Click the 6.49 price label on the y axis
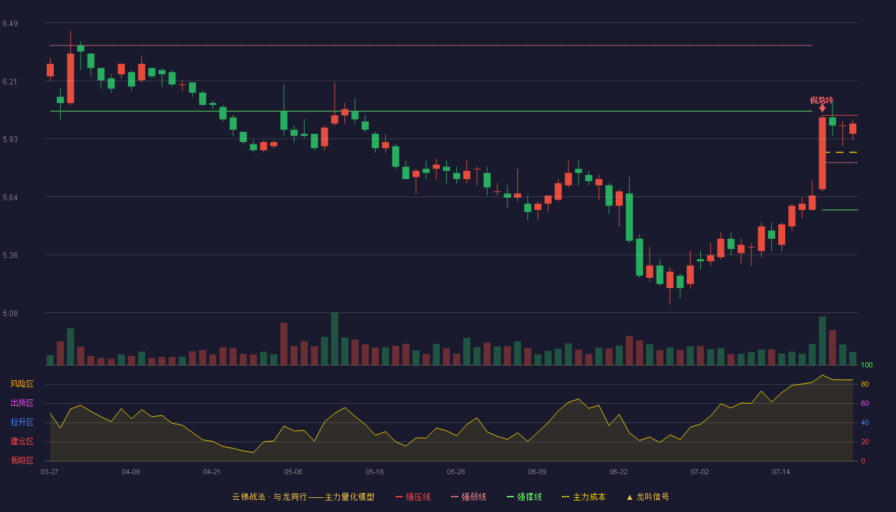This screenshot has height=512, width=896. click(10, 24)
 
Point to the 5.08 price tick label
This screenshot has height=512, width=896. click(10, 313)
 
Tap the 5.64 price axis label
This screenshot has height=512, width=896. click(10, 198)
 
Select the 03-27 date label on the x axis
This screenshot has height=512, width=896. click(50, 472)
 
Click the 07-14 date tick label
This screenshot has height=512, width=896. click(781, 472)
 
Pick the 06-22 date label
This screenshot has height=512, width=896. click(618, 472)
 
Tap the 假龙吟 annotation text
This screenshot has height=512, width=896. click(822, 100)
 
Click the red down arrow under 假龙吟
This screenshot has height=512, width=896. click(822, 108)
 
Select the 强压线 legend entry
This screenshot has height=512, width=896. click(413, 497)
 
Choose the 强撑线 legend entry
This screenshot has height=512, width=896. click(524, 497)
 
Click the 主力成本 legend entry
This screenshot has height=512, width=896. click(584, 497)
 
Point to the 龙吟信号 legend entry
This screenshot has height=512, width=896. click(648, 497)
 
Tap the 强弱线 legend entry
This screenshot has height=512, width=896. click(468, 497)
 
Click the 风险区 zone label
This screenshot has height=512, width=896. click(22, 383)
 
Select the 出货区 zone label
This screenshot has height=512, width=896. click(22, 403)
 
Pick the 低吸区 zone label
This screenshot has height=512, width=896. click(22, 460)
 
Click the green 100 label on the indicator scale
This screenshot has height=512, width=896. click(867, 365)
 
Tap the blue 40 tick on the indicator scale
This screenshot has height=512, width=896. click(865, 422)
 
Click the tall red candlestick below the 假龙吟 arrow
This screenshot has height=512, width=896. click(822, 153)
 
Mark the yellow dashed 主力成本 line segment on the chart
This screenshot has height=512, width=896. click(842, 152)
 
